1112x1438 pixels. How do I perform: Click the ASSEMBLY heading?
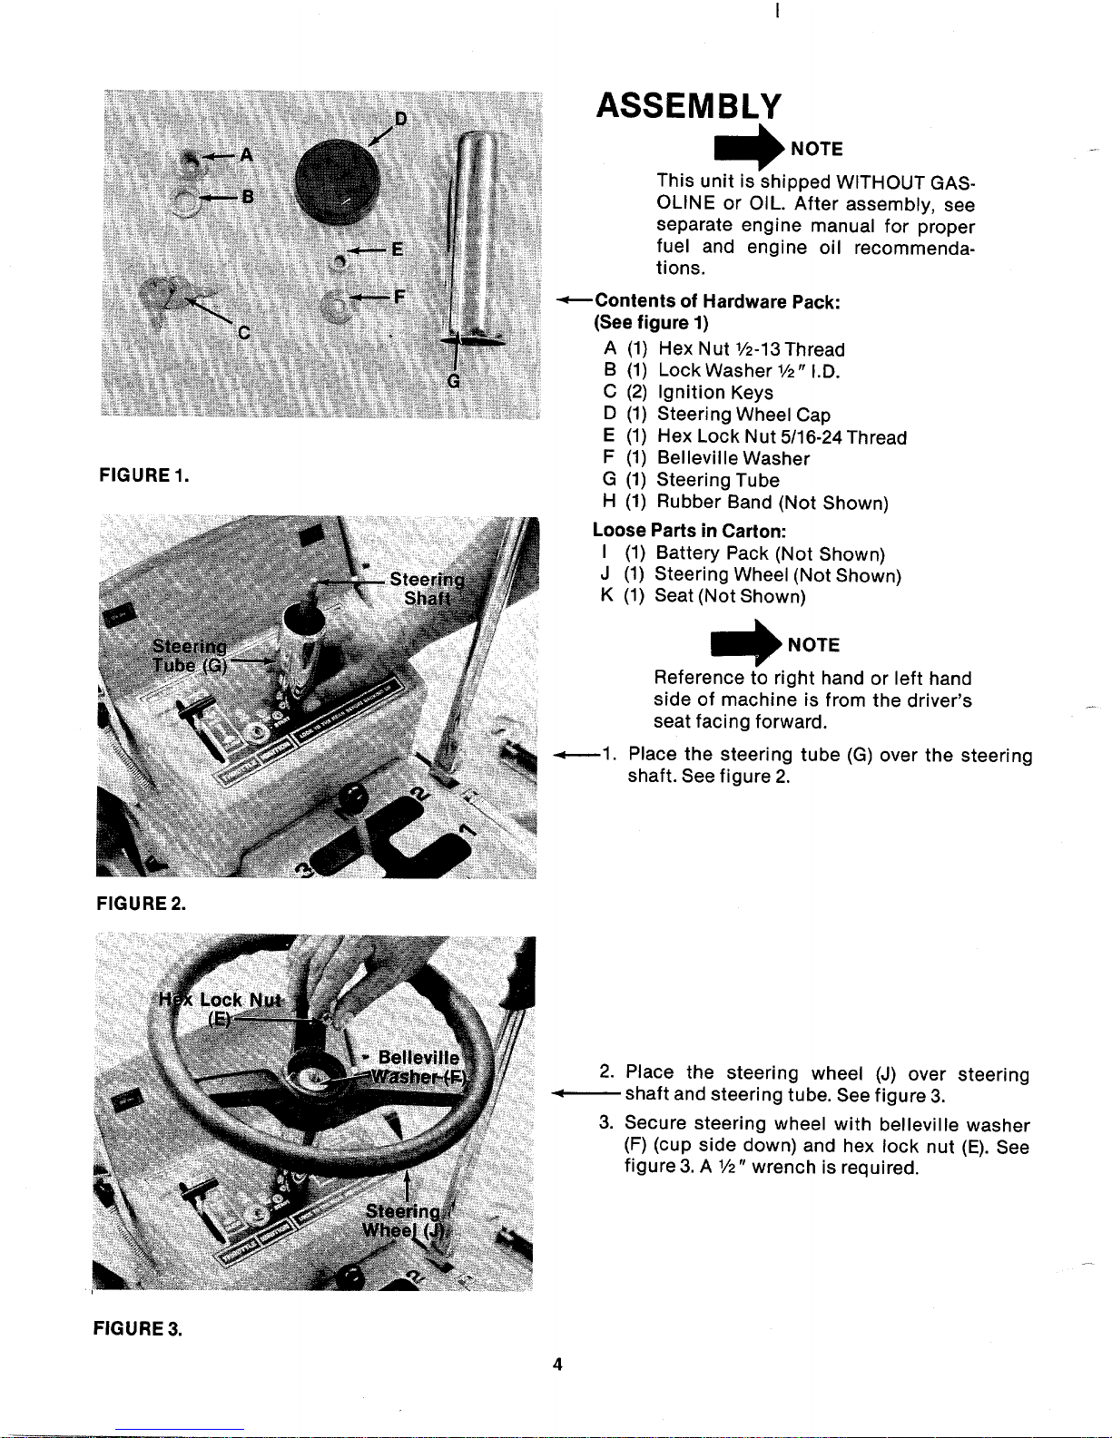tap(687, 106)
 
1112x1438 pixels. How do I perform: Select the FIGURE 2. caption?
tap(142, 903)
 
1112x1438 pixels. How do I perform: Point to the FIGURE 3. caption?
tap(137, 1329)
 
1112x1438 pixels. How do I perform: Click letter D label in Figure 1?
tap(401, 119)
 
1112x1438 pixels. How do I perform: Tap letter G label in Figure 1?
tap(454, 382)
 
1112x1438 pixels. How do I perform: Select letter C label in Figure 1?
tap(243, 332)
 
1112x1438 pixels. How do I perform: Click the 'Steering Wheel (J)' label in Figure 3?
tap(399, 1221)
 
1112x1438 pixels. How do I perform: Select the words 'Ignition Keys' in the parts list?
tap(714, 393)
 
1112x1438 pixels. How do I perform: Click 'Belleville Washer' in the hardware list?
tap(733, 458)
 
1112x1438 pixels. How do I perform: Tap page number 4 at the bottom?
tap(558, 1364)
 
